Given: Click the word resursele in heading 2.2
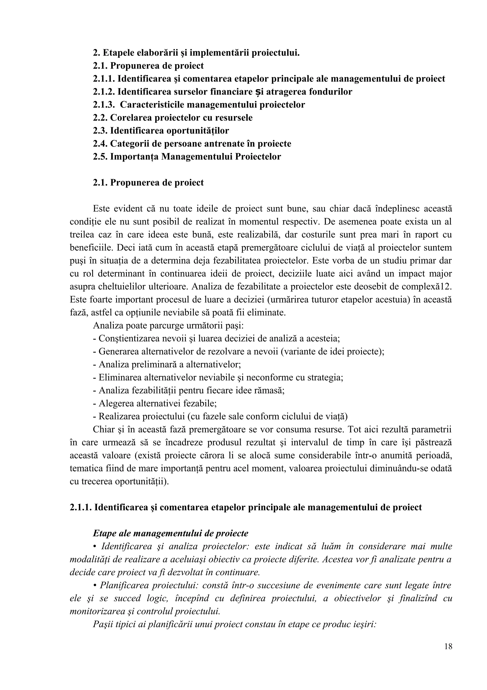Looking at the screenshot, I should pos(234,118).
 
